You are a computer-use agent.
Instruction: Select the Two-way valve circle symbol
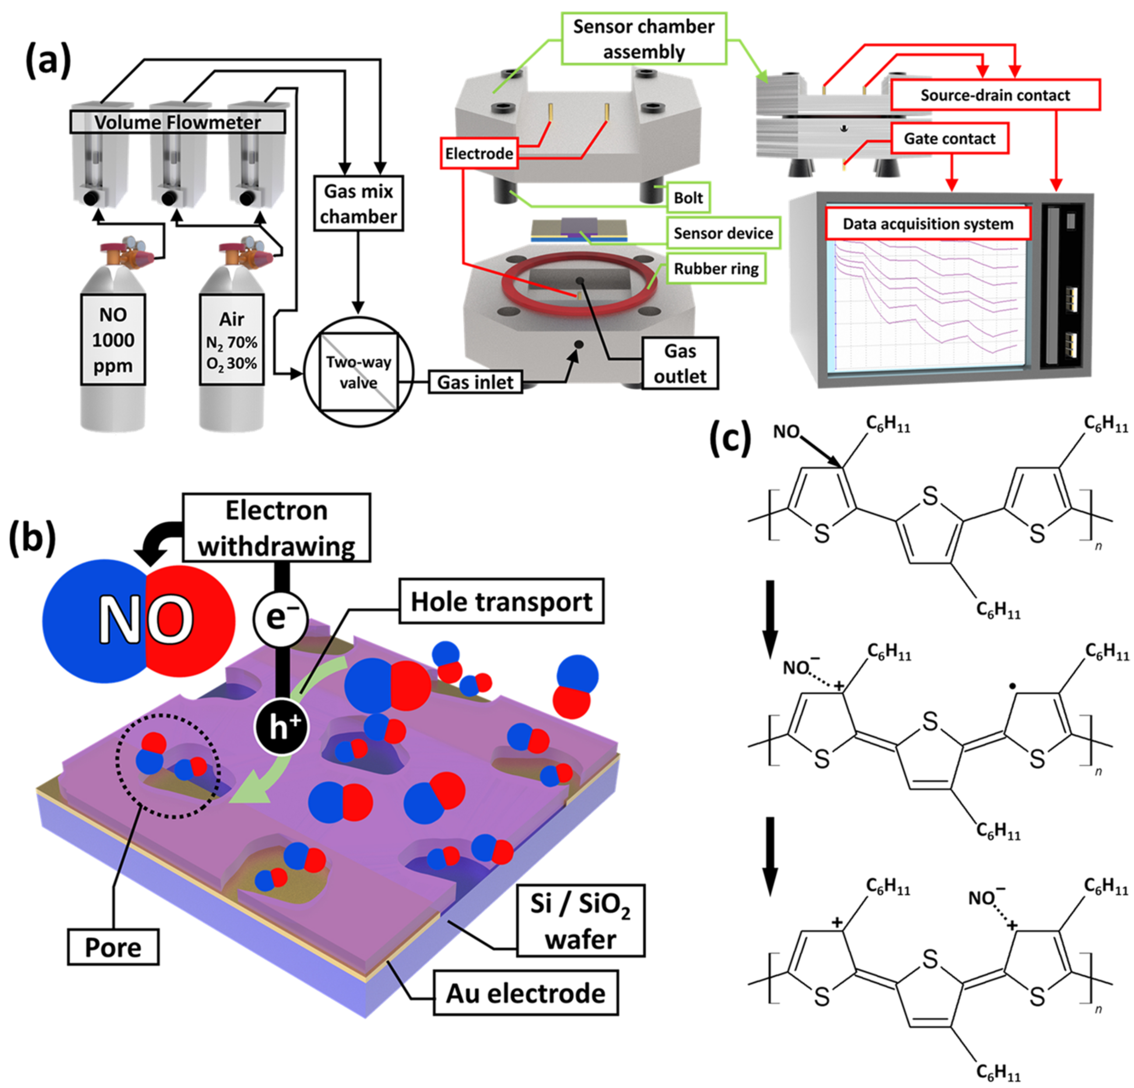tap(359, 372)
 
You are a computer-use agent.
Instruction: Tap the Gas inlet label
tap(475, 383)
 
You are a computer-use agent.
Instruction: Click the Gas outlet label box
tap(680, 364)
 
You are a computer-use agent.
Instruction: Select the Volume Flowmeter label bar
tap(178, 122)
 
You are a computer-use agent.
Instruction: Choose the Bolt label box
tap(688, 198)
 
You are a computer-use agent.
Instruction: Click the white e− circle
tap(280, 619)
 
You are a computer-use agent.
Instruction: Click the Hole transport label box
tap(501, 602)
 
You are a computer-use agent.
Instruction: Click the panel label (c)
tap(730, 439)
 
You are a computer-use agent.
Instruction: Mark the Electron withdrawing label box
tap(277, 528)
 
